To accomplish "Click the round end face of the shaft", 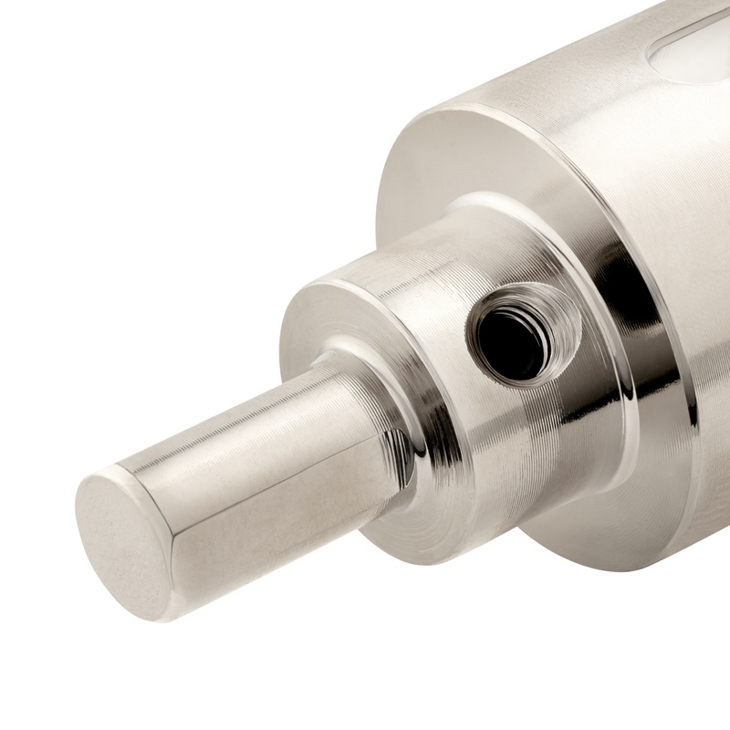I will pyautogui.click(x=123, y=543).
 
